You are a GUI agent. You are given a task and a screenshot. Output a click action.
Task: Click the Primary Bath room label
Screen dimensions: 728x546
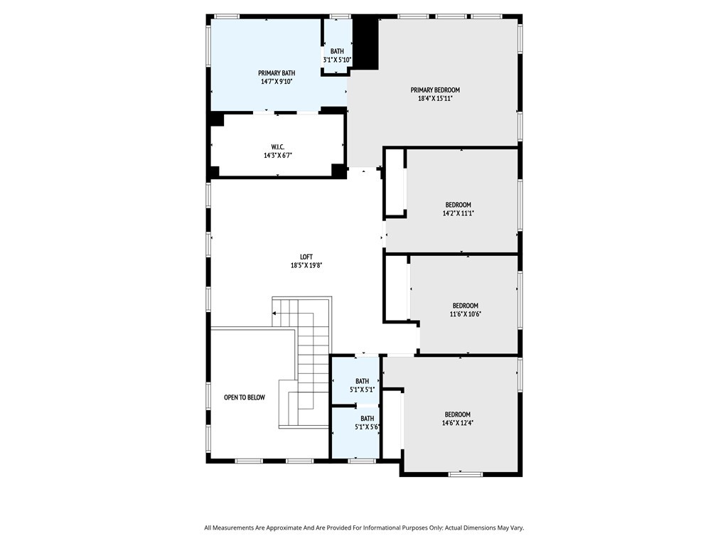[x=277, y=73]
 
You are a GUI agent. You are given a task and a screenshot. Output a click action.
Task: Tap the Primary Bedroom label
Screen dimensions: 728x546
[x=435, y=90]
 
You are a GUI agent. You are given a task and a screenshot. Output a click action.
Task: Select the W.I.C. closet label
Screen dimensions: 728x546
[x=278, y=146]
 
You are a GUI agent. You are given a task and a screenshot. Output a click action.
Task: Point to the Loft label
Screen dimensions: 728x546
[x=306, y=257]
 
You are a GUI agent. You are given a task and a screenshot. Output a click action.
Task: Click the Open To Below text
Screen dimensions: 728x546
[x=245, y=397]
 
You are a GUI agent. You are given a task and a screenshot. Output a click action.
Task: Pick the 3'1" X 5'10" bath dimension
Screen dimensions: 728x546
[x=338, y=60]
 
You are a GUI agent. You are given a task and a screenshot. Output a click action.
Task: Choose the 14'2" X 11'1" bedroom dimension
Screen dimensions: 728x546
[x=459, y=213]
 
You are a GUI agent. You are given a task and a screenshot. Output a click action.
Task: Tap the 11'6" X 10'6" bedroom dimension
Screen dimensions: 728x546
[x=465, y=314]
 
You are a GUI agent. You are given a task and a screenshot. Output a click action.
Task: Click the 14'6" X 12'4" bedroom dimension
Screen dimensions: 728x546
[x=458, y=423]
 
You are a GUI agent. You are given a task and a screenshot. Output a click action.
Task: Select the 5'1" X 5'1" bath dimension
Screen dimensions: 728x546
[x=362, y=390]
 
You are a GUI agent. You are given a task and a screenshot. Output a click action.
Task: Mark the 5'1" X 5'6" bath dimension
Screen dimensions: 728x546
[x=368, y=427]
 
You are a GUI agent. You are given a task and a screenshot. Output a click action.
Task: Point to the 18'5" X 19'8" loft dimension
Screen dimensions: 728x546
[x=306, y=266]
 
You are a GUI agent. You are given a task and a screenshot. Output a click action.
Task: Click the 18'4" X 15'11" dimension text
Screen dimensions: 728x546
[x=435, y=98]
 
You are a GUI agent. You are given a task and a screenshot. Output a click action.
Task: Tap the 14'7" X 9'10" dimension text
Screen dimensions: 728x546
[x=277, y=82]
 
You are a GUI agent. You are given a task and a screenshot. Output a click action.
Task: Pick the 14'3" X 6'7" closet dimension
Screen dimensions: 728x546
[x=278, y=156]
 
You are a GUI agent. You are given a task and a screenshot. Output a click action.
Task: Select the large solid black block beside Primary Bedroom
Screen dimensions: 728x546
[x=366, y=43]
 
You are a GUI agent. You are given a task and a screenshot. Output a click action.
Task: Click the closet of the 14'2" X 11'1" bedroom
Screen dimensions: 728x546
[x=395, y=182]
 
